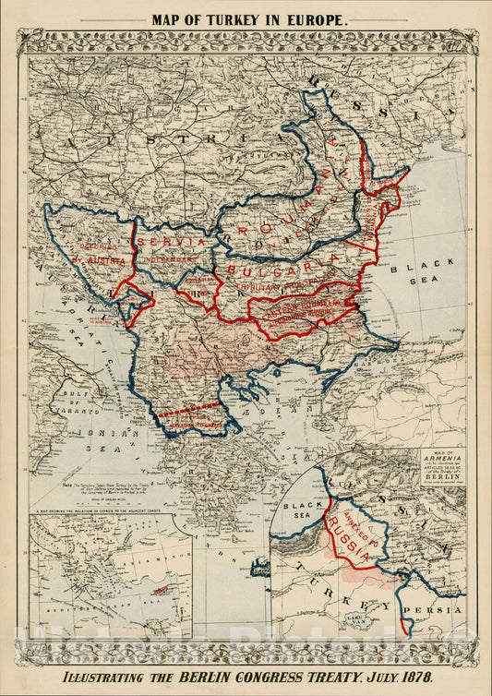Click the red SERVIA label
click(172, 241)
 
